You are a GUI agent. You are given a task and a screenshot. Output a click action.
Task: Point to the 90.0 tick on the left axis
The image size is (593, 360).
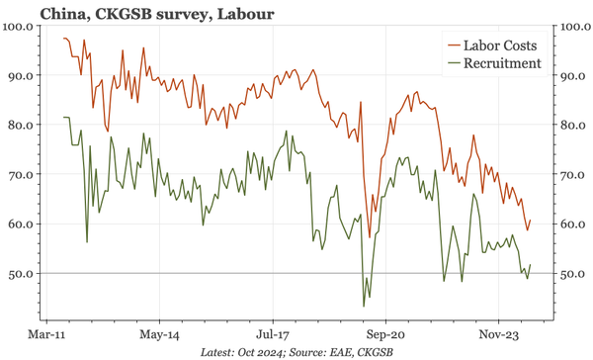[22, 75]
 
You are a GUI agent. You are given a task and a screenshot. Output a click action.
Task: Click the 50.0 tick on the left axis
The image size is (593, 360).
[22, 273]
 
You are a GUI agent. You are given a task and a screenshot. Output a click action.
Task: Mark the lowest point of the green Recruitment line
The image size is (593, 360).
[365, 306]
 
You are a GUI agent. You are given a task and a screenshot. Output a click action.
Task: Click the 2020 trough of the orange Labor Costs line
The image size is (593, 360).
[370, 238]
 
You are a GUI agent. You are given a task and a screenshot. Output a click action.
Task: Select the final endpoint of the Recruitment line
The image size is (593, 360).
[531, 265]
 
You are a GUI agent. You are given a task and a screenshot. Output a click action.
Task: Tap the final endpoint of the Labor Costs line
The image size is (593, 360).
[531, 221]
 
